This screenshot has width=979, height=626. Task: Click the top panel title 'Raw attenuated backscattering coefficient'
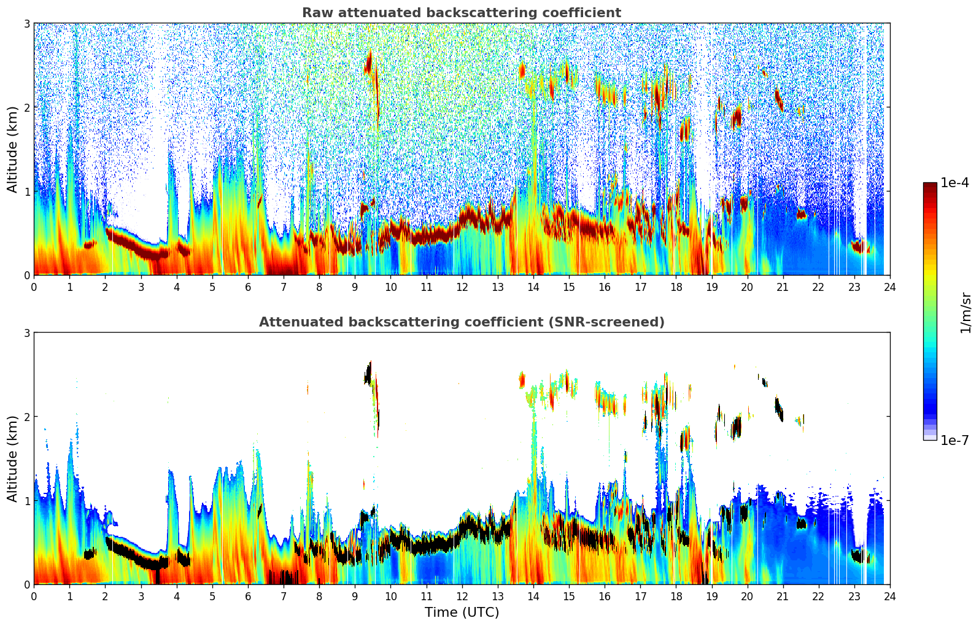[x=462, y=13]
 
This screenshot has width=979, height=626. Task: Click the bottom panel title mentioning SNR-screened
[x=462, y=322]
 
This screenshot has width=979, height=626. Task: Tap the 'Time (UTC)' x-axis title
[x=462, y=612]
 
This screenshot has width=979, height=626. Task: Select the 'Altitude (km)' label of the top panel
[x=12, y=149]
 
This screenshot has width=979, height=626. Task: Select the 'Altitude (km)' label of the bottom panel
[x=12, y=458]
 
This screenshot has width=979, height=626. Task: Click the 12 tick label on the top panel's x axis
[x=462, y=287]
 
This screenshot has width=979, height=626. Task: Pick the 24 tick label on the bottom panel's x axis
[x=889, y=596]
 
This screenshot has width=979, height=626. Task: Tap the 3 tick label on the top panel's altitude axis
[x=27, y=23]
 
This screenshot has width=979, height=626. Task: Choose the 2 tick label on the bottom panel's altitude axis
[x=27, y=417]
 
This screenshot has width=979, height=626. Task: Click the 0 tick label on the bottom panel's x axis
[x=34, y=596]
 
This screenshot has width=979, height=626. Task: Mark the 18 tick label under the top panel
[x=676, y=287]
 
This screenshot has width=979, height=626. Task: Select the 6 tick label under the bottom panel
[x=248, y=596]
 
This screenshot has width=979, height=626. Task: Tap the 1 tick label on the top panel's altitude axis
[x=27, y=191]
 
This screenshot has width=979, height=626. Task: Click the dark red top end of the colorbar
[x=929, y=185]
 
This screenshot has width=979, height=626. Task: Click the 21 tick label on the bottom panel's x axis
[x=783, y=596]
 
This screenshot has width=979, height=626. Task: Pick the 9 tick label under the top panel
[x=355, y=287]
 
